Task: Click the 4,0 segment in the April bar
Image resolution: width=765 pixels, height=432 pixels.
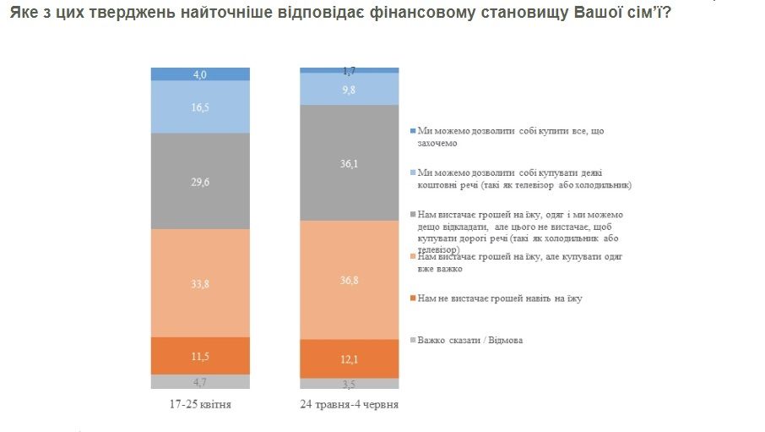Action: point(200,74)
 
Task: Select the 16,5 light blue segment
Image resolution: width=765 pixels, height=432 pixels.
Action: point(200,107)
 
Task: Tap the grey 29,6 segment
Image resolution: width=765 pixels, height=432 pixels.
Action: point(200,181)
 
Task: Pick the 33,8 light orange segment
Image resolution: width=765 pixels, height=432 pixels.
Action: point(200,283)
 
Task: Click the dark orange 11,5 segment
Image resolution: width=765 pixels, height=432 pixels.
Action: point(200,355)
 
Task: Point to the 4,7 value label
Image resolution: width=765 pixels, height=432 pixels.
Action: point(200,381)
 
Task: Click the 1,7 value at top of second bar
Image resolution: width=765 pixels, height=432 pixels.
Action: point(349,69)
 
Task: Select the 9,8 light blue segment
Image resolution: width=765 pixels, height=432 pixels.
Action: point(349,89)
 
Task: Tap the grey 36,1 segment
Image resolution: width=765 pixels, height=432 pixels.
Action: point(349,162)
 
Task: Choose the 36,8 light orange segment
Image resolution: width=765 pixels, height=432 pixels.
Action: point(349,279)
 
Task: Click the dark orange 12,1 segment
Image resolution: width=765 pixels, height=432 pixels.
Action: point(349,358)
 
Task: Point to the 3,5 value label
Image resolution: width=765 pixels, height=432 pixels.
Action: point(349,383)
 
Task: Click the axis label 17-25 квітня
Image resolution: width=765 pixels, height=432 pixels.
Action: point(200,405)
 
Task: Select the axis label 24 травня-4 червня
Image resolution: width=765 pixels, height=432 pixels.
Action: point(349,405)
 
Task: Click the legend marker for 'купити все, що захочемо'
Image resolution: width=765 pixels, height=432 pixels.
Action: point(411,131)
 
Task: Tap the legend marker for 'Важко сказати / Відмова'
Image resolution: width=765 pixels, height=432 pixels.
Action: point(411,341)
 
